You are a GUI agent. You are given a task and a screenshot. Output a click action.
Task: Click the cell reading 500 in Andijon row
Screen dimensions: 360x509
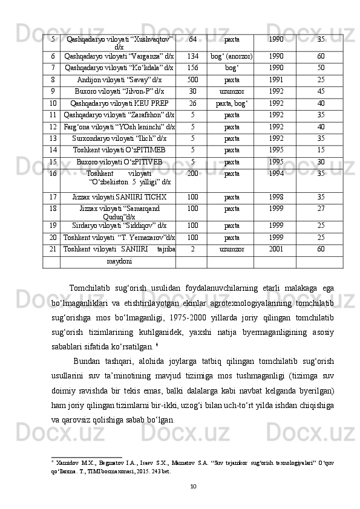pos(192,79)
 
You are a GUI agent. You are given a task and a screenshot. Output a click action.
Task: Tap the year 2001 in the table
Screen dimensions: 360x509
pos(275,248)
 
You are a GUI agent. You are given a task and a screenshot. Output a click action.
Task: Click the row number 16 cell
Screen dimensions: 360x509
pos(53,173)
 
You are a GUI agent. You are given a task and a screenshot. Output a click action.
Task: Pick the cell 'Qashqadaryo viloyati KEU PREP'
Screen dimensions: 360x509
pos(119,103)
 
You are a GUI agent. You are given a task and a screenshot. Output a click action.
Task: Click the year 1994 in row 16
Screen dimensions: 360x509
pos(275,173)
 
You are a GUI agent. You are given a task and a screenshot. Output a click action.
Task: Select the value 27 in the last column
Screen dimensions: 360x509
pos(321,208)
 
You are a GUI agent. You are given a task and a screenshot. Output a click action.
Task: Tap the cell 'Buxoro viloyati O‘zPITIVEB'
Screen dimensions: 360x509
pos(119,161)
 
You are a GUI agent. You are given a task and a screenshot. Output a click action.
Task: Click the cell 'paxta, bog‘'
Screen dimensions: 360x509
pos(232,103)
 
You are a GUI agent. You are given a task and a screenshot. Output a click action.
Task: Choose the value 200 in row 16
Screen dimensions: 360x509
pos(192,173)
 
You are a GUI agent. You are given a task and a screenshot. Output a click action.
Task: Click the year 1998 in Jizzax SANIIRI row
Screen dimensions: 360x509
pos(275,196)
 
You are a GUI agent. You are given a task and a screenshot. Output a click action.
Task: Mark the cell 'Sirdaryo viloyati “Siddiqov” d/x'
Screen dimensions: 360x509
pos(119,225)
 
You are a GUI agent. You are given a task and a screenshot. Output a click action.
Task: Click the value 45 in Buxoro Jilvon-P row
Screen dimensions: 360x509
pos(321,91)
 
